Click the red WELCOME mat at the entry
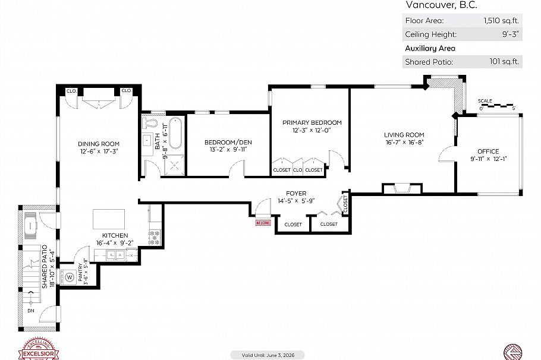263,223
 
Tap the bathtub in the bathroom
175,134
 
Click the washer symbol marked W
70,277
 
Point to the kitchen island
109,219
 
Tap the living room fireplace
402,190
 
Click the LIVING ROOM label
404,135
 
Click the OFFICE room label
488,151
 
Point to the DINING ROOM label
99,144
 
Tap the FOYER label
295,193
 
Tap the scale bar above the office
497,107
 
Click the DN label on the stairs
30,310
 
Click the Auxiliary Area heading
430,48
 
